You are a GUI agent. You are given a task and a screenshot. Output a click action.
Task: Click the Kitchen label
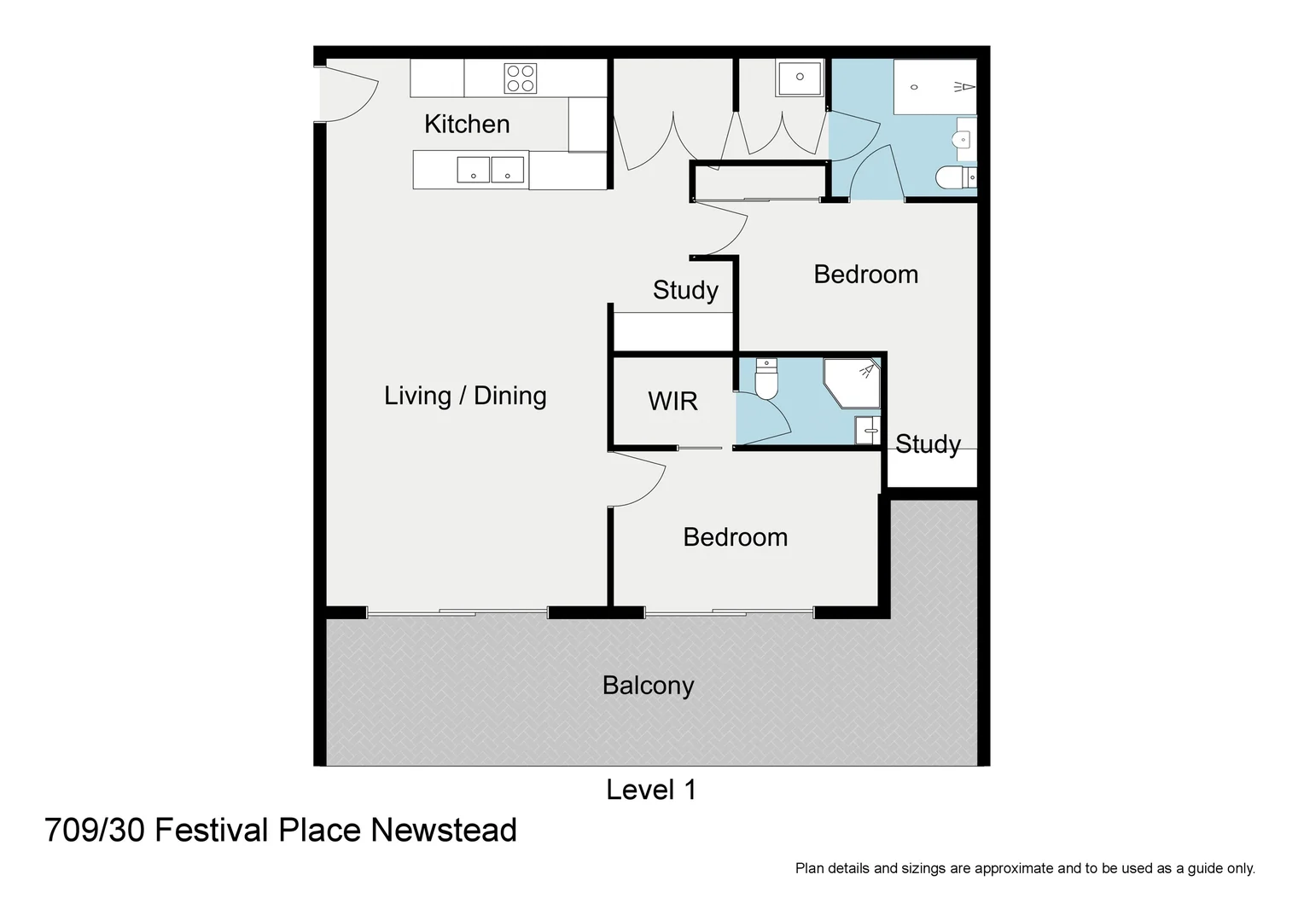pos(467,125)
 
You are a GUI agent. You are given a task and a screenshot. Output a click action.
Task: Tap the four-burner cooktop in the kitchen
pos(520,78)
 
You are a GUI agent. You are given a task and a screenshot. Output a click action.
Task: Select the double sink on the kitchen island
pos(490,170)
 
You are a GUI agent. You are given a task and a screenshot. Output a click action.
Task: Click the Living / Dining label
pos(465,396)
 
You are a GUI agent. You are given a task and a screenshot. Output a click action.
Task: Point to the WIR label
pos(672,401)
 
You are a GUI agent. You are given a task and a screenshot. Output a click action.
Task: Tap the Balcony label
pos(648,686)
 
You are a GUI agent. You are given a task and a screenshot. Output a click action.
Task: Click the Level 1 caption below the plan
pos(651,790)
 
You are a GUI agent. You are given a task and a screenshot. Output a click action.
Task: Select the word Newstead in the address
pos(444,830)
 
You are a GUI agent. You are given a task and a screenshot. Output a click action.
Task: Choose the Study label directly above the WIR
pos(685,290)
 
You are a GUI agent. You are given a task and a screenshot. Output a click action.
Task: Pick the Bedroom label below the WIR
pos(735,537)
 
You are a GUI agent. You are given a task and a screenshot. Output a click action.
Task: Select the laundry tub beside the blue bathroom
pos(800,78)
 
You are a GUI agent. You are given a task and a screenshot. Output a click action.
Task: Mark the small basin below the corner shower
pos(867,430)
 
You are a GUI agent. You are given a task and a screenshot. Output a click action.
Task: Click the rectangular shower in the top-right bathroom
pos(934,87)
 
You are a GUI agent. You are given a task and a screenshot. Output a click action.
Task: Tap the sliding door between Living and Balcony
pos(457,612)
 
